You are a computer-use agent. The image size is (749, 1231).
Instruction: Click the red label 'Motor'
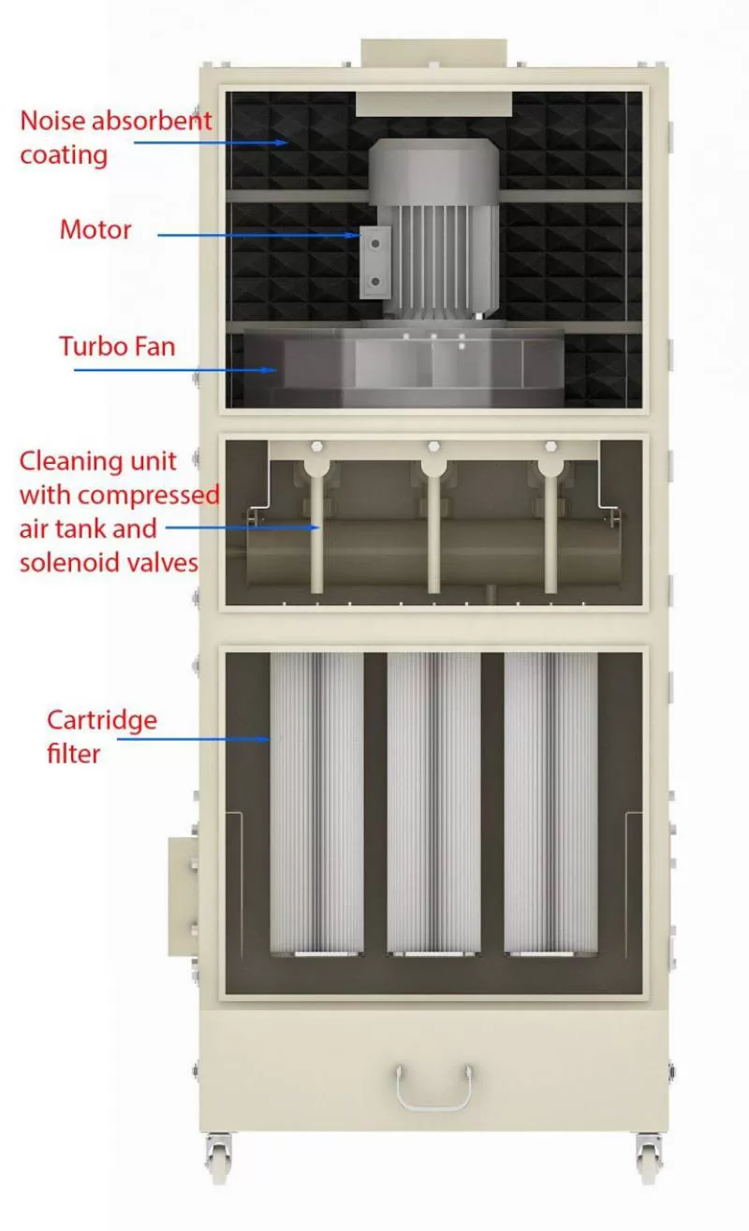point(95,229)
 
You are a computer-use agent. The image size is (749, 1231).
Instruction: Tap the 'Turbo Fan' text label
point(117,346)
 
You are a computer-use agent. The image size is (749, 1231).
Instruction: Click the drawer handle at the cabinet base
point(433,1087)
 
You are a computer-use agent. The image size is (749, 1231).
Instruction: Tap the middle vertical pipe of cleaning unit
point(433,533)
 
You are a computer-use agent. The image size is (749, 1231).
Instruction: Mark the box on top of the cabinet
point(433,51)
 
